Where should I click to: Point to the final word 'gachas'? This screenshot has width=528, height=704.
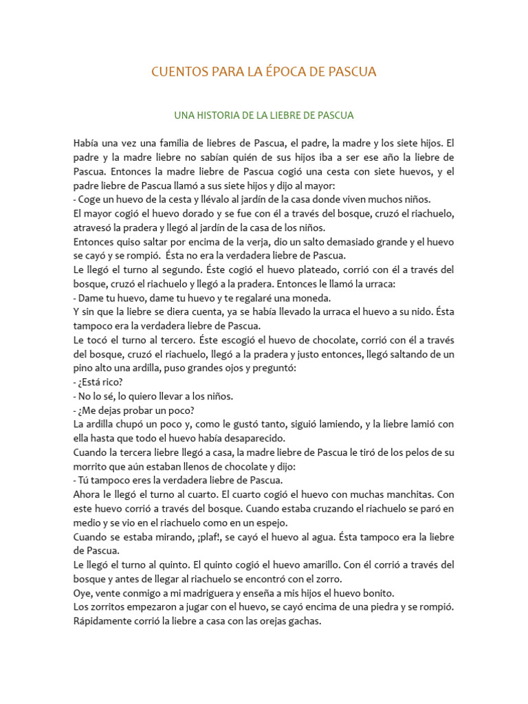[306, 621]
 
